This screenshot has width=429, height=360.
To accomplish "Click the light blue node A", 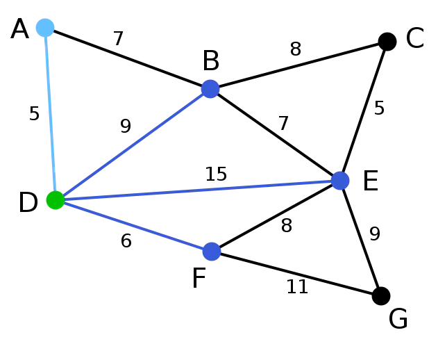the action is (45, 28).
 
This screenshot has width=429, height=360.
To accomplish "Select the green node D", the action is (56, 200).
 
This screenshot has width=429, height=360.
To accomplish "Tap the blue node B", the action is (210, 89).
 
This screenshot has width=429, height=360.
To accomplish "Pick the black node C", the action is (387, 42).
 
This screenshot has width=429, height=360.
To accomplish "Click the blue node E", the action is (340, 181).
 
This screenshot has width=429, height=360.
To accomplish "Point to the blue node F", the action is (212, 252).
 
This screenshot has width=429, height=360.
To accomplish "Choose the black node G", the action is (381, 296).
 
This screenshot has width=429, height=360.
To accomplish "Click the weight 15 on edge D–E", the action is (216, 174).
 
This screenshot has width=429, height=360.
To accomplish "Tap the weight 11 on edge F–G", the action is (297, 287).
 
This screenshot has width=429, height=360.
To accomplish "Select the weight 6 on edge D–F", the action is (126, 241).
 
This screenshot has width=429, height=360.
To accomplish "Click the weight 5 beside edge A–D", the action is (34, 113).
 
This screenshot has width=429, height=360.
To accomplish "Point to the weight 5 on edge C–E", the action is (379, 108).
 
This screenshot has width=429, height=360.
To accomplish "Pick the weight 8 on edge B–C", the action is (296, 49).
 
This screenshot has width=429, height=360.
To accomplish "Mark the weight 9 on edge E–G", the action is (375, 234).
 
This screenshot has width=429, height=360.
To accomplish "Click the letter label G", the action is (398, 319).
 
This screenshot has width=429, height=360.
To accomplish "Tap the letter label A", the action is (19, 29).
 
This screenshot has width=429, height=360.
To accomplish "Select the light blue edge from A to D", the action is (51, 114).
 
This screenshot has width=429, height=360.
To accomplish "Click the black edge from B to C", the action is (298, 65).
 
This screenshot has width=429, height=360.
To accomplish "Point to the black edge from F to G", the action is (296, 274).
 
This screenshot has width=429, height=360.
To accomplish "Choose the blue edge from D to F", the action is (133, 226).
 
